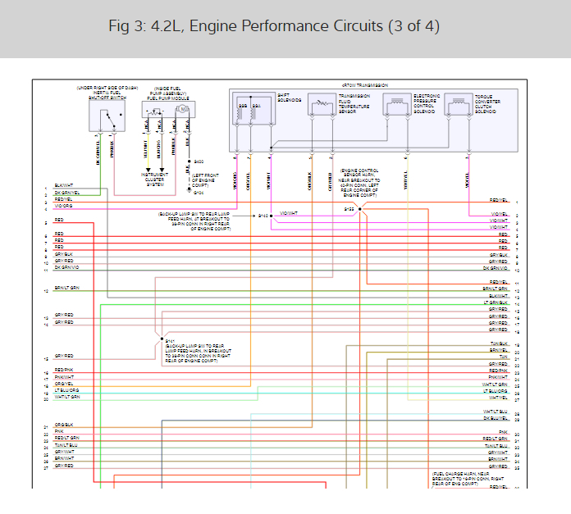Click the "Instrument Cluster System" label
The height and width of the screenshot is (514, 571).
coord(156,178)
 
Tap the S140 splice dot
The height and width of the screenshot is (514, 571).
coord(272,215)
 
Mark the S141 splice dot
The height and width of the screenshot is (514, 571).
coord(161,337)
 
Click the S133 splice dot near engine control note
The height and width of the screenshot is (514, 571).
coord(359,209)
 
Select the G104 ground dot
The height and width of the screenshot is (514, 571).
coord(188,193)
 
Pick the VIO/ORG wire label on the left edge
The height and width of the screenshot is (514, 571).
coord(64,206)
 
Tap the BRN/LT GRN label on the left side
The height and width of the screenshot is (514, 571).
coord(67,289)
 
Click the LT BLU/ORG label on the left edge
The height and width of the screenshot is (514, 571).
coord(67,390)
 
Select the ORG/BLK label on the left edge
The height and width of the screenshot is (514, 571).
coord(64,425)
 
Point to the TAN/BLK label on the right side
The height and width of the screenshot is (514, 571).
coord(499,343)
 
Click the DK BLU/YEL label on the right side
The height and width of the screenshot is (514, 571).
coord(496,418)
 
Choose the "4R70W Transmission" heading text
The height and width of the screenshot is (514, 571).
coord(364,85)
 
